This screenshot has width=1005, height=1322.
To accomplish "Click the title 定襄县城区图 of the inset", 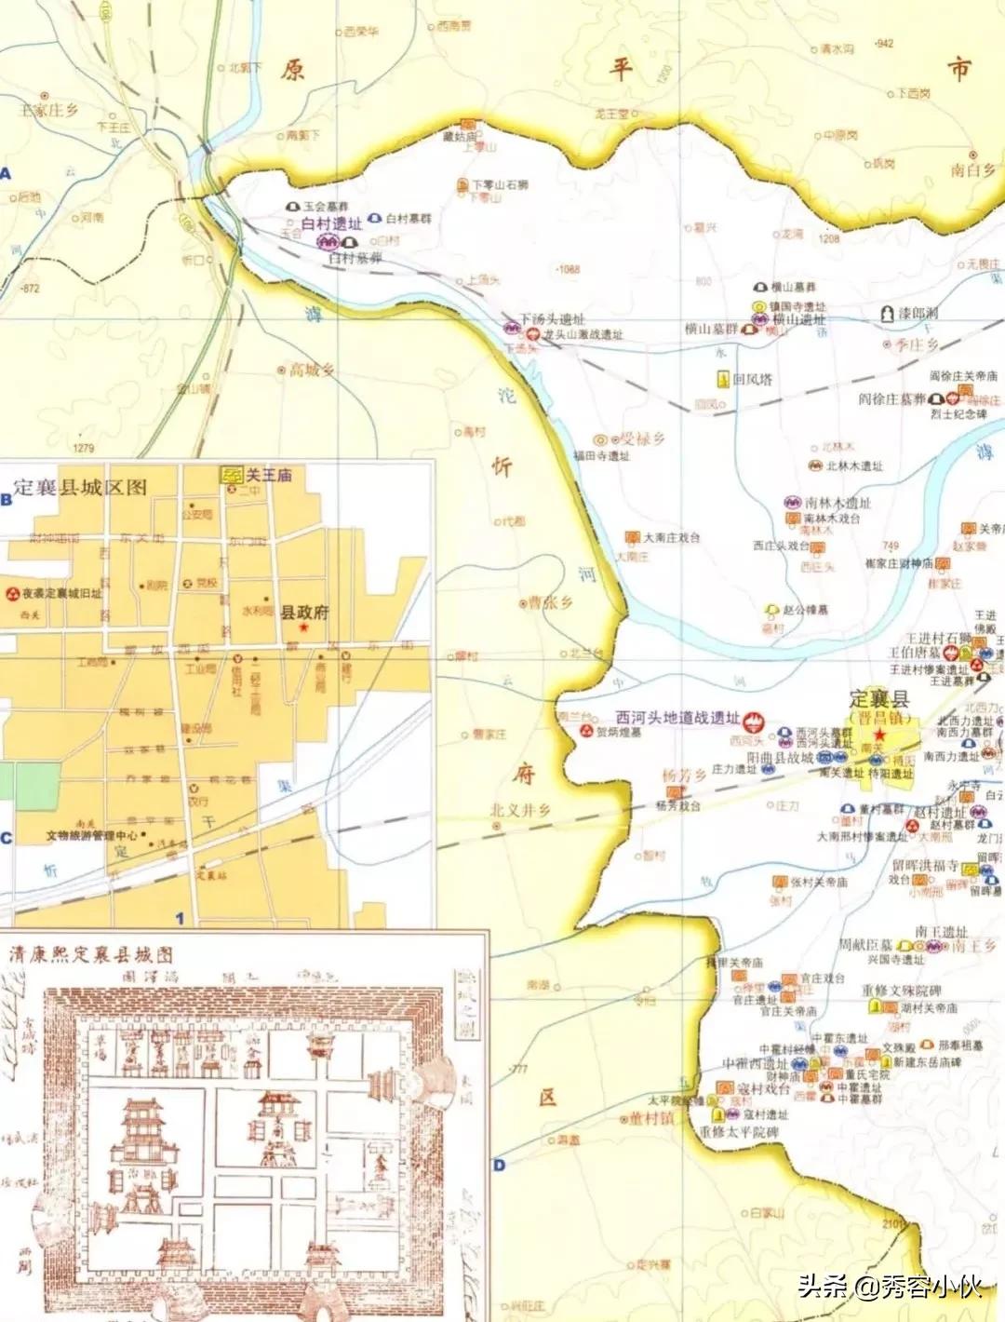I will click(80, 487).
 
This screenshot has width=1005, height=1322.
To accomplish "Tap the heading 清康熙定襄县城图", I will click(90, 955).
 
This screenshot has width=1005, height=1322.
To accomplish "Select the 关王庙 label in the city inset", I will click(268, 475).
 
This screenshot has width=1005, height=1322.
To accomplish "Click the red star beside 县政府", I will click(304, 628).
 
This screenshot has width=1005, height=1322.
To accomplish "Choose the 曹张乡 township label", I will click(551, 602).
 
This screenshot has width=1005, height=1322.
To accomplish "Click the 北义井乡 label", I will click(520, 810).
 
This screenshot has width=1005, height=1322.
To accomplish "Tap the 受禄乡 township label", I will click(642, 438).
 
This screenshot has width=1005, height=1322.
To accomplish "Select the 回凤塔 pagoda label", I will click(752, 379).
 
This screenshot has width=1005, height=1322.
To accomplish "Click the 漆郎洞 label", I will click(917, 314).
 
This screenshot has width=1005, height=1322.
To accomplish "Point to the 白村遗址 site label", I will click(332, 224).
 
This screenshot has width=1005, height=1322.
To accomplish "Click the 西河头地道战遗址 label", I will click(677, 718).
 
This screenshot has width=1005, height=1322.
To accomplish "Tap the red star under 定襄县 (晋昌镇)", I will click(878, 735).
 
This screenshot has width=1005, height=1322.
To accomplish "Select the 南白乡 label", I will click(973, 169).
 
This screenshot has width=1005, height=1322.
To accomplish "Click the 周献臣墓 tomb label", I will click(865, 945).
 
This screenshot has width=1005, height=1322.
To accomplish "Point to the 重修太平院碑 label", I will click(739, 1132).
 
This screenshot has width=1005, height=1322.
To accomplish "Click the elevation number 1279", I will click(84, 448).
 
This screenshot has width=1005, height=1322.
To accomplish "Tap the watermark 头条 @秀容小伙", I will click(890, 1288).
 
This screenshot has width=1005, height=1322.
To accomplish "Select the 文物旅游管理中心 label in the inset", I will click(92, 835).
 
